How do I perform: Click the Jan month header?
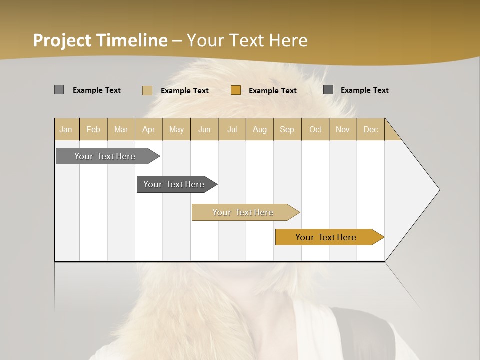pyautogui.click(x=66, y=129)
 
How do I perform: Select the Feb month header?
pyautogui.click(x=93, y=129)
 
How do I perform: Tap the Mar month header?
pyautogui.click(x=121, y=129)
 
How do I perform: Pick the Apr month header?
pyautogui.click(x=148, y=129)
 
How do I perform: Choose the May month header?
pyautogui.click(x=176, y=129)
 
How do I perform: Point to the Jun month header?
pyautogui.click(x=204, y=129)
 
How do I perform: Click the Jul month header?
pyautogui.click(x=232, y=129)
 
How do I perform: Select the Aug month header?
pyautogui.click(x=259, y=129)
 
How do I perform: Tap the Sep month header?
pyautogui.click(x=287, y=129)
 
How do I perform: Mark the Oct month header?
pyautogui.click(x=315, y=129)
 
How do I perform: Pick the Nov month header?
pyautogui.click(x=342, y=129)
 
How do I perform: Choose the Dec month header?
pyautogui.click(x=370, y=129)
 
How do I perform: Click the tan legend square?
pyautogui.click(x=147, y=90)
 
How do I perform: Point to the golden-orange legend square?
pyautogui.click(x=236, y=90)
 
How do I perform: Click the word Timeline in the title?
pyautogui.click(x=132, y=40)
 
